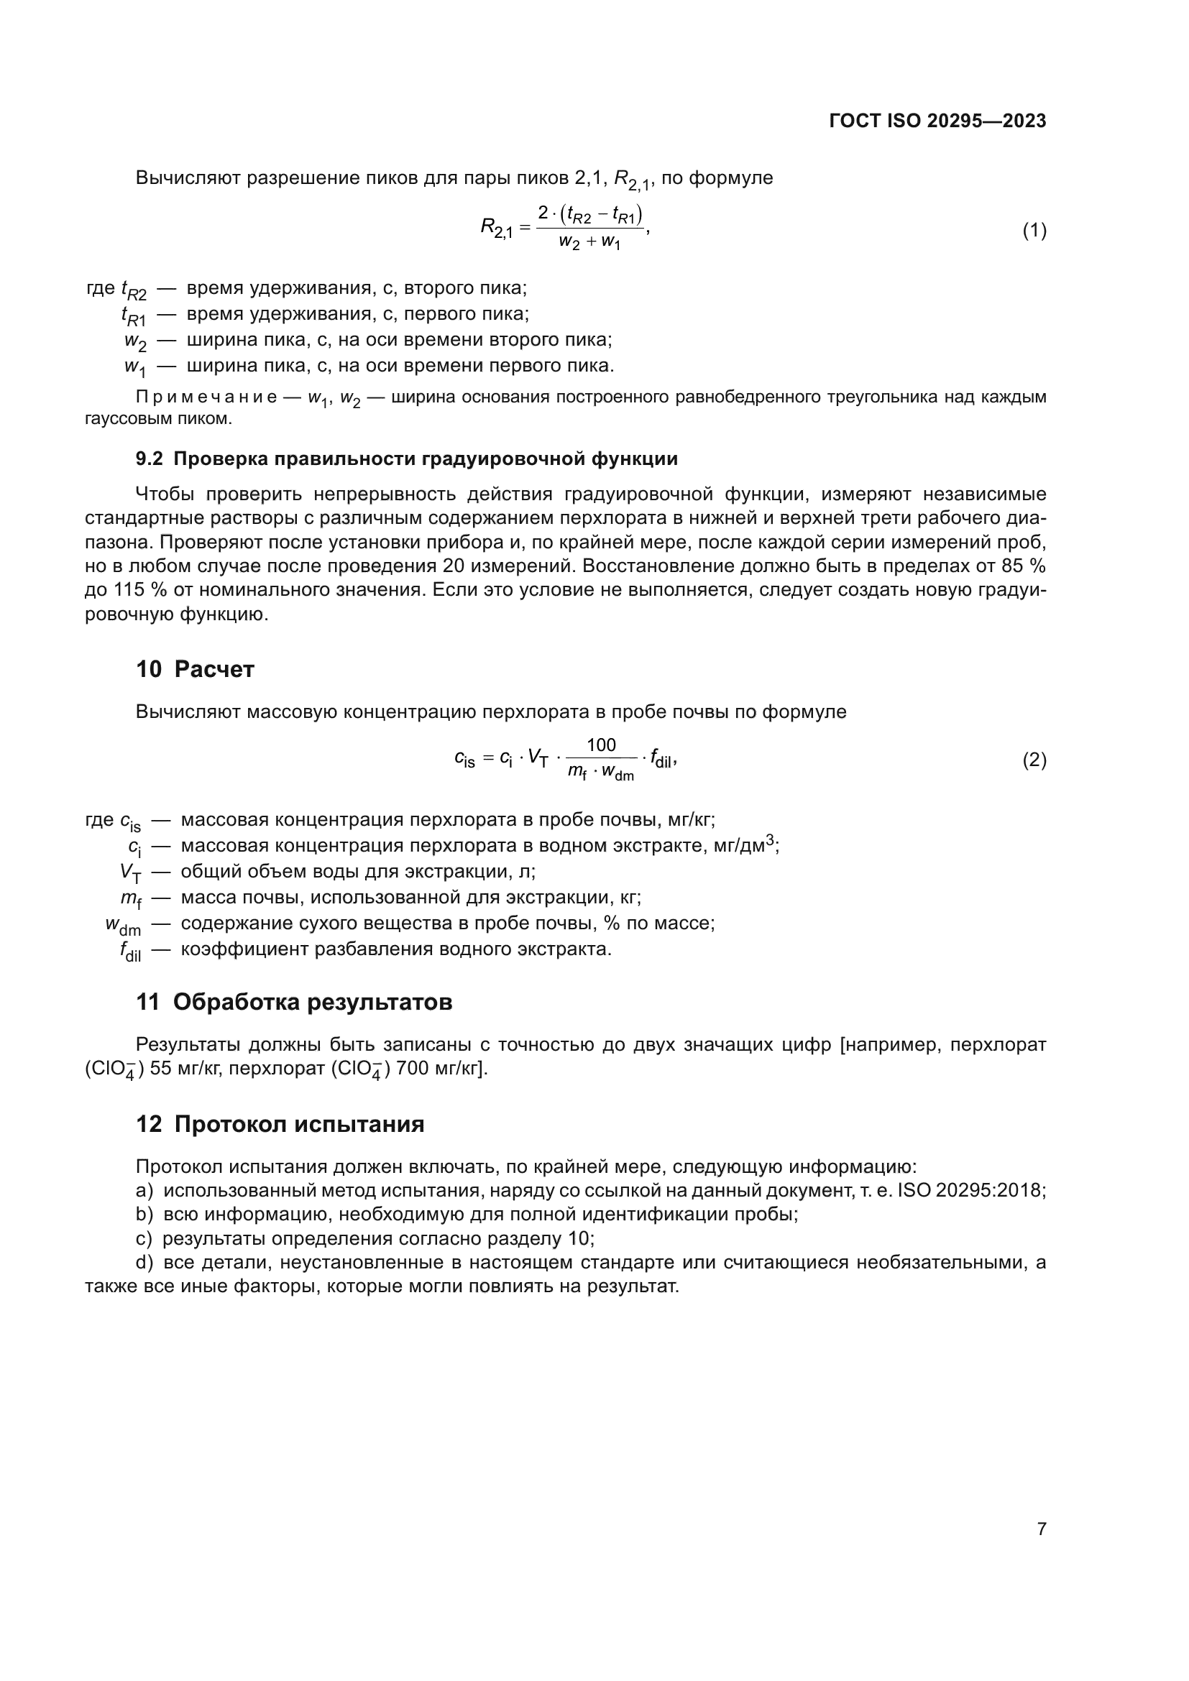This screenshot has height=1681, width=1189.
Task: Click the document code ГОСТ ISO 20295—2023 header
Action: [x=937, y=121]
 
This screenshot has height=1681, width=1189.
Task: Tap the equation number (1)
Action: [x=1034, y=231]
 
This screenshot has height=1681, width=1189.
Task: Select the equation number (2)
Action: [x=1034, y=760]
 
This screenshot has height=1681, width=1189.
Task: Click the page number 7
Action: [x=1041, y=1529]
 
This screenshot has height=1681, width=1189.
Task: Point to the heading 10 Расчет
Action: [x=195, y=669]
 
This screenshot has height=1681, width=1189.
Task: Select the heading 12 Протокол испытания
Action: [x=280, y=1124]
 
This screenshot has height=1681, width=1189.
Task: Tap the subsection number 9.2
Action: [x=150, y=459]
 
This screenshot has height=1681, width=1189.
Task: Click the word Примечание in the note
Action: [x=206, y=397]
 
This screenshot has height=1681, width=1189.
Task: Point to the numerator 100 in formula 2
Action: [x=601, y=745]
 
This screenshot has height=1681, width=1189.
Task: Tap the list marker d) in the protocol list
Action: [x=144, y=1262]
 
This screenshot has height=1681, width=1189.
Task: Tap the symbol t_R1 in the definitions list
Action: [x=133, y=316]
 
